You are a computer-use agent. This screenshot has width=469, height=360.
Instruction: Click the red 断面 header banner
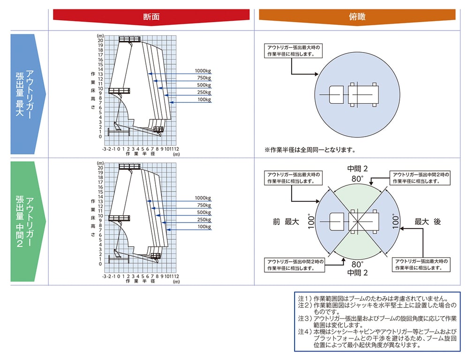click(151, 16)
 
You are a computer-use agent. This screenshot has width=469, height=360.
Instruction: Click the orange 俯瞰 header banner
click(357, 16)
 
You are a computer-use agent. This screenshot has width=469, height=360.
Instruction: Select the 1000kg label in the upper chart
click(203, 71)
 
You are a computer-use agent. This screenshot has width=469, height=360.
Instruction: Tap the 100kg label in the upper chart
click(204, 100)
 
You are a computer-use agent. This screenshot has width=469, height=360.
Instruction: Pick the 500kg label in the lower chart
click(204, 213)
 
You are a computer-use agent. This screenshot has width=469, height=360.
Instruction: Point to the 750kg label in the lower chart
click(204, 205)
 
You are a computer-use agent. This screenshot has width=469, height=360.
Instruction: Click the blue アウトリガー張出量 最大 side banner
click(28, 94)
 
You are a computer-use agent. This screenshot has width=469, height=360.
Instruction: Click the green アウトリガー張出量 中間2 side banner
click(28, 222)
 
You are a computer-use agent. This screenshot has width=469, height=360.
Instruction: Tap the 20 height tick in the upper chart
click(100, 40)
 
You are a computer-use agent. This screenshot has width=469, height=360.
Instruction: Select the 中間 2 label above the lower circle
click(357, 169)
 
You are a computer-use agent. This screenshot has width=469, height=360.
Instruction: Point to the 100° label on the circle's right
click(396, 222)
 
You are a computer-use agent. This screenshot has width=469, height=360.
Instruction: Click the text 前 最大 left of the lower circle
click(286, 222)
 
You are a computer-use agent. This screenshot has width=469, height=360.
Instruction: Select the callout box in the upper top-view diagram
click(293, 51)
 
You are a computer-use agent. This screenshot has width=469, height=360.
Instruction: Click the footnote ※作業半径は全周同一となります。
click(310, 150)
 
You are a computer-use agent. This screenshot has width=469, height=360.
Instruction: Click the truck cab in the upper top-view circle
click(336, 94)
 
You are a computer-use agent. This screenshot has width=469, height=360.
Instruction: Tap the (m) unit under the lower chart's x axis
click(176, 282)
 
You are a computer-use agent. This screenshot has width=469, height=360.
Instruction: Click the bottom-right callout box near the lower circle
click(421, 265)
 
